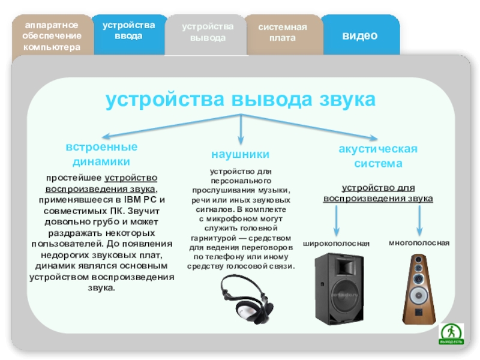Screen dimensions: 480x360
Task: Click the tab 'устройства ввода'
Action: click(129, 34)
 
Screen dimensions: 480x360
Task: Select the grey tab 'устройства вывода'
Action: click(207, 35)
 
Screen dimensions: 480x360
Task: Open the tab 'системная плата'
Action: click(283, 35)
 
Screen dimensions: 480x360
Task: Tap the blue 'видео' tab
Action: click(360, 35)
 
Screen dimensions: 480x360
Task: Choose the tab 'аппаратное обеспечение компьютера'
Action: click(52, 35)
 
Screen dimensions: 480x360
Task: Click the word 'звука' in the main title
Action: click(347, 99)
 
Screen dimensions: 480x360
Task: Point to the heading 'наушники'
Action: click(241, 154)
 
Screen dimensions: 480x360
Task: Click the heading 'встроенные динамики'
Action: click(101, 154)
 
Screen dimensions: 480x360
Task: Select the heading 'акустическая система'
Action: click(378, 156)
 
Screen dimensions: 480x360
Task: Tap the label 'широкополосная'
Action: click(336, 244)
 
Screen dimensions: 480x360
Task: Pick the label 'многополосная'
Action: click(419, 243)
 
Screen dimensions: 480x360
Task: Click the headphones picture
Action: click(247, 299)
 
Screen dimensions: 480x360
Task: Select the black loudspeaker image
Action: click(339, 289)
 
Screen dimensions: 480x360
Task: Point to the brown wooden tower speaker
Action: click(419, 289)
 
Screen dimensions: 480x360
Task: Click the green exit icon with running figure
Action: click(451, 334)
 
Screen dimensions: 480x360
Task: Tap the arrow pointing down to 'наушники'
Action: click(241, 129)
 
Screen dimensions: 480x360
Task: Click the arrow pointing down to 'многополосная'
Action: click(419, 220)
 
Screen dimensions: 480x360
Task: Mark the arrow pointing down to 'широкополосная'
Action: click(337, 220)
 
